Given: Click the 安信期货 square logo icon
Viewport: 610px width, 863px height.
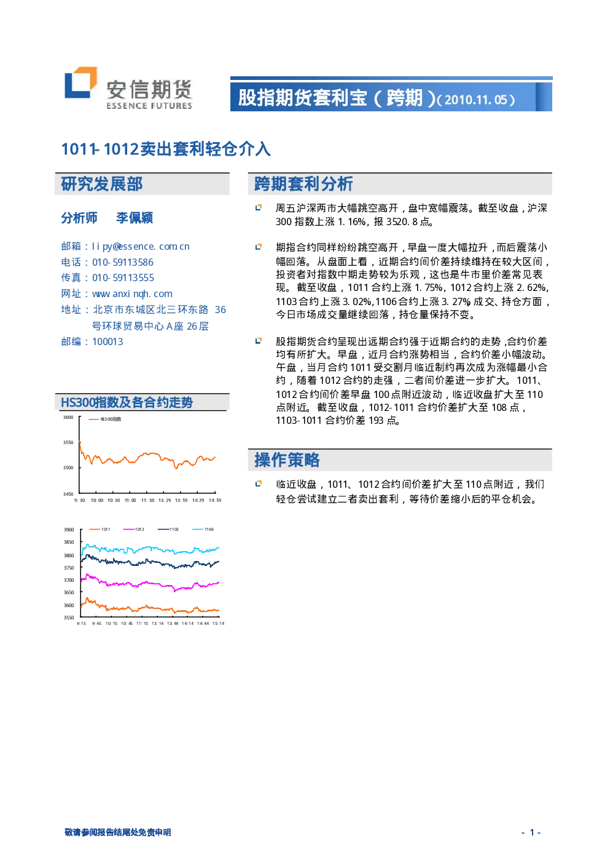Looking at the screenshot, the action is pos(80,82).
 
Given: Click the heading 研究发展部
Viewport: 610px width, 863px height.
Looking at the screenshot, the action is pos(102,184).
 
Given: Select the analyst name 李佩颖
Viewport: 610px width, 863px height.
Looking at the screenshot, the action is pos(135,218).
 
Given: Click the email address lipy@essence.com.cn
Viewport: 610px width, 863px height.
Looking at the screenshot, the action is pos(141,247).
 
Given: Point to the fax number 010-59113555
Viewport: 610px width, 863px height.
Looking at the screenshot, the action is pos(123,278).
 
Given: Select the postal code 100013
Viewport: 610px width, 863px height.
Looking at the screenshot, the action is pos(108,342).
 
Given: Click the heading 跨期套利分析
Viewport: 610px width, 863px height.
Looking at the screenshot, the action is pos(303,184).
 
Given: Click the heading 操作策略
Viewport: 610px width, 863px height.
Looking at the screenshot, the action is pos(287,460).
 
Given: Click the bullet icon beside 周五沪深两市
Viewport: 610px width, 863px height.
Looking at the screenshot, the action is pos(259,208).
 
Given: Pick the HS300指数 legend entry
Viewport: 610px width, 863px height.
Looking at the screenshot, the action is pos(105,419).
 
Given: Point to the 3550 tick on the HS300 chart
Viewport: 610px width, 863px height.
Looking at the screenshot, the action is pos(68,442).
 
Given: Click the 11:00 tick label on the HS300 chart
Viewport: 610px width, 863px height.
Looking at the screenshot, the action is pos(130,500).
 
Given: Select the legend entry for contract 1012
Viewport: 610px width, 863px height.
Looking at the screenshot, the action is pos(133,529).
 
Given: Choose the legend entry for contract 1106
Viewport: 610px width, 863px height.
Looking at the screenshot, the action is pos(203,529).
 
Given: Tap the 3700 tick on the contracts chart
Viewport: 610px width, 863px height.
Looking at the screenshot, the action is pos(69,580).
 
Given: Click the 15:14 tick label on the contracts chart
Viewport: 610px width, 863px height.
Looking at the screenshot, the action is pos(219,623).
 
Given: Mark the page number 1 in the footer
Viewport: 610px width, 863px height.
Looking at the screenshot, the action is pos(532,832).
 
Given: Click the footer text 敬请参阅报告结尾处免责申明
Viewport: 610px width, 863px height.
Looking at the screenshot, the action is pos(118,832).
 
